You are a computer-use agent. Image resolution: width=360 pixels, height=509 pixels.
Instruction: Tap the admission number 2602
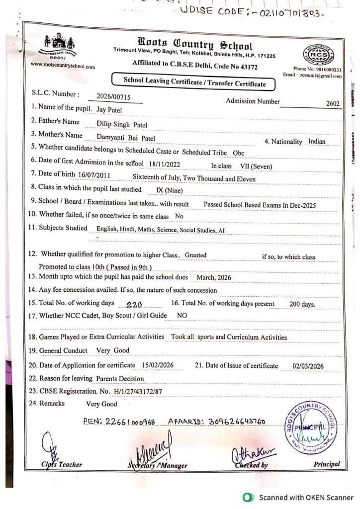[333, 104]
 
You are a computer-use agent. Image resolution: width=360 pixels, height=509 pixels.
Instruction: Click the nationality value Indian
[317, 141]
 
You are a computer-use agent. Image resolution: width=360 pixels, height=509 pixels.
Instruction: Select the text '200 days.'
[302, 304]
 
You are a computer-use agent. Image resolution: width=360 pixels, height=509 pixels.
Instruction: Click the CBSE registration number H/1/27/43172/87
[138, 391]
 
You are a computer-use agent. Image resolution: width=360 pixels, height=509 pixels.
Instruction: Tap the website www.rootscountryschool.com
[63, 65]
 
